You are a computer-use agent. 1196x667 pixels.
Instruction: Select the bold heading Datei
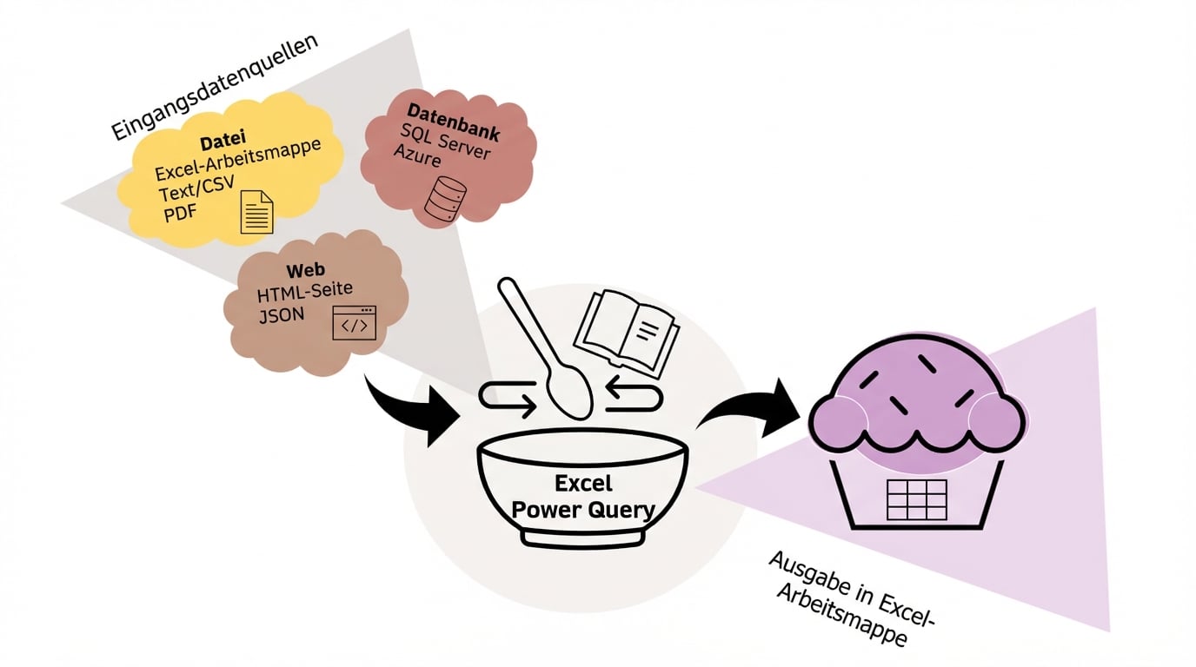[223, 141]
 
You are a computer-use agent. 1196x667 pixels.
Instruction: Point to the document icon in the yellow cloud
[256, 211]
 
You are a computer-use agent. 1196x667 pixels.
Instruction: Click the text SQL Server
[446, 141]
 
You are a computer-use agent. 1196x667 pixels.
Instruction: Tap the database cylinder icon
[445, 198]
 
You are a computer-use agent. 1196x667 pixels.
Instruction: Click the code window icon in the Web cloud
[355, 322]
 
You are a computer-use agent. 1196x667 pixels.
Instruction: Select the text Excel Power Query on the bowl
[582, 496]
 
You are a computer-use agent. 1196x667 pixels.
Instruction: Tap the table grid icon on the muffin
[915, 499]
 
